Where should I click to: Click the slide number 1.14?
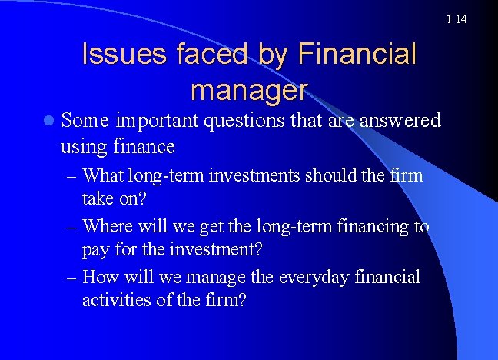[456, 18]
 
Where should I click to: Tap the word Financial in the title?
[356, 55]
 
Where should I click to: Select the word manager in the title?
[249, 90]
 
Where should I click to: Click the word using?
[81, 146]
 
